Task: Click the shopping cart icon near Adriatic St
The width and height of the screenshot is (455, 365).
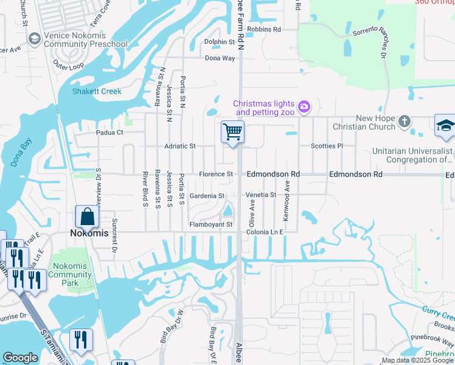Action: pos(232,131)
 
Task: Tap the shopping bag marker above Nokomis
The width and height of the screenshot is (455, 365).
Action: pos(88,216)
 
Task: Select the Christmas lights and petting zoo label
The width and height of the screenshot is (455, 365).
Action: pos(265,108)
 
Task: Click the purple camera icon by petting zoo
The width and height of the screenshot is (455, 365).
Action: pos(304,108)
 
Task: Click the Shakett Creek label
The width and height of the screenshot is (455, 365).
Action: pos(97,92)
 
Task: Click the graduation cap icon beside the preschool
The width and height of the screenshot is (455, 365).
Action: pos(35,39)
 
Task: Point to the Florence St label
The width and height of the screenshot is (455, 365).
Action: pos(216,175)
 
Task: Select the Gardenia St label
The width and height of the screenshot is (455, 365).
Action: pos(207,196)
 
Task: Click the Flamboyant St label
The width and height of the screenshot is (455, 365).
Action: pos(212,224)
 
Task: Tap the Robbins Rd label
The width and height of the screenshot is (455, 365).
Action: pos(264,29)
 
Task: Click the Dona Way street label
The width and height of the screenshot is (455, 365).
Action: pos(220,58)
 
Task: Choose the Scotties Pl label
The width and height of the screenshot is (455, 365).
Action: pos(327,146)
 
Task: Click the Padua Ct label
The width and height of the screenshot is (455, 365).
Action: pos(109,132)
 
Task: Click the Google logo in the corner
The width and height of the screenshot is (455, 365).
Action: pos(20,358)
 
